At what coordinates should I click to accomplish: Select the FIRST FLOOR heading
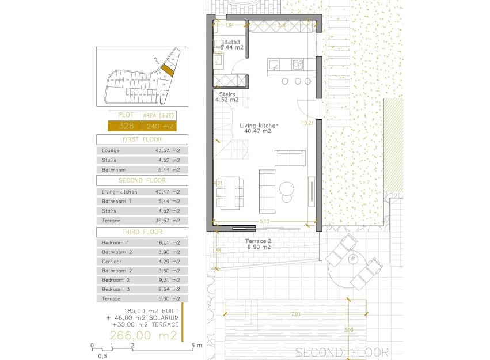[142, 139]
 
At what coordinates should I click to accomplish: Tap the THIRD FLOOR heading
[142, 232]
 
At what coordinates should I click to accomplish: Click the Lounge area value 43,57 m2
[168, 150]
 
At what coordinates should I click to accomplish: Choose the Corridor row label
[111, 262]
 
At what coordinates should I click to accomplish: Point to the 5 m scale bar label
[196, 346]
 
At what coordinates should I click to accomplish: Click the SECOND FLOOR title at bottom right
[341, 352]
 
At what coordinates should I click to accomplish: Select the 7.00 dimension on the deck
[295, 314]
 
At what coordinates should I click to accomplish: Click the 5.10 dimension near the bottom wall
[264, 221]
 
